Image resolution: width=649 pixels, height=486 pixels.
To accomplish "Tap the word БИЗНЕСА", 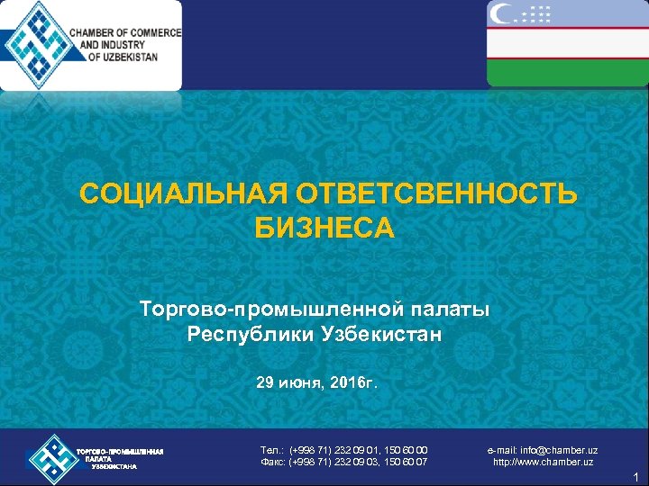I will pyautogui.click(x=324, y=229).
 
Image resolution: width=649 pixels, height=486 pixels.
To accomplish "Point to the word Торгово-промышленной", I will pyautogui.click(x=269, y=310).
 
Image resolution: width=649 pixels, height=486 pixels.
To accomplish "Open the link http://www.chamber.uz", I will pyautogui.click(x=543, y=463).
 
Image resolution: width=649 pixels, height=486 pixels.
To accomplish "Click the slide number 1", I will pyautogui.click(x=635, y=477).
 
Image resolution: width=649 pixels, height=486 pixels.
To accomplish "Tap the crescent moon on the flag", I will pyautogui.click(x=502, y=13).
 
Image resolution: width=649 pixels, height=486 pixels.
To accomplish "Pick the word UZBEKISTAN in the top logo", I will pyautogui.click(x=127, y=57).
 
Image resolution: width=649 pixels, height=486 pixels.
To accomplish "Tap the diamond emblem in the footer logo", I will pyautogui.click(x=51, y=458).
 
